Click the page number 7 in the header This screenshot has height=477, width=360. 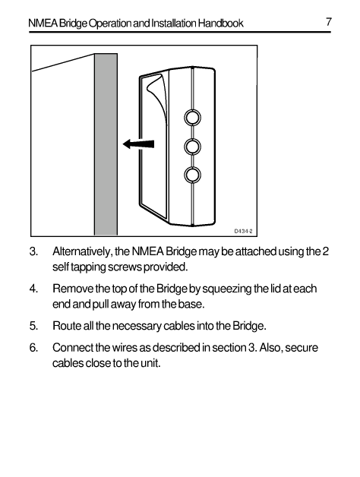pyautogui.click(x=328, y=22)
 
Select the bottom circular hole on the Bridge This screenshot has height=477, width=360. pyautogui.click(x=193, y=175)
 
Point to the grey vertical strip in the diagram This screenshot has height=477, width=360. pyautogui.click(x=105, y=144)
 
